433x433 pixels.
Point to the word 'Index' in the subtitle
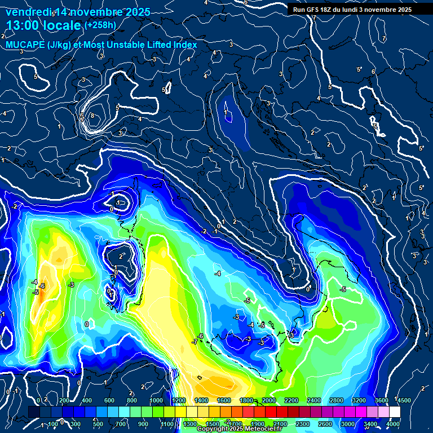183,45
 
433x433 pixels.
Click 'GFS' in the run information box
317,10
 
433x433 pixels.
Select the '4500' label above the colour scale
404,400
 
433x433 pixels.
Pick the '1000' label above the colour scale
156,400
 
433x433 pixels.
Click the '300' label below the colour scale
75,424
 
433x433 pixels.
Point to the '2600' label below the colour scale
325,424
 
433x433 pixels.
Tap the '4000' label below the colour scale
393,424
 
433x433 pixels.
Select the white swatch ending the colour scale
394,412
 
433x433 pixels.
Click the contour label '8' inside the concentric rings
93,116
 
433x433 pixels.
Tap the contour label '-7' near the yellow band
195,342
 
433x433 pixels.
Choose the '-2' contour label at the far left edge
14,207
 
